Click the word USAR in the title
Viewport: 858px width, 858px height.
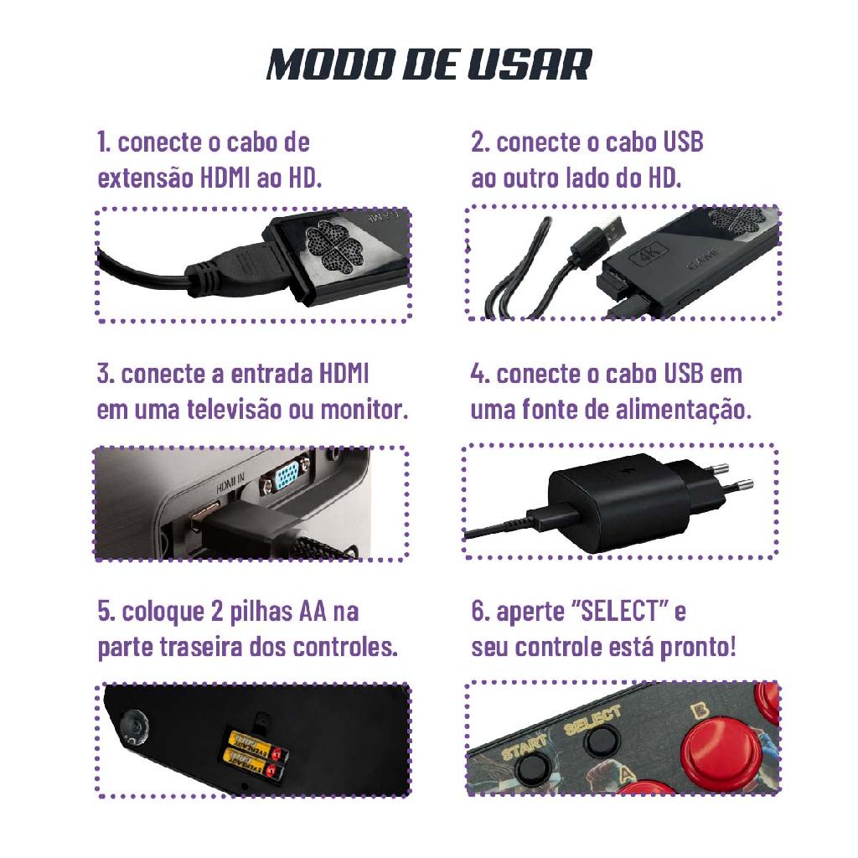tap(530, 65)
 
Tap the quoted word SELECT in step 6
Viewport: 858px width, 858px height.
tap(620, 611)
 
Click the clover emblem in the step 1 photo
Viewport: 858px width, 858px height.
tap(334, 246)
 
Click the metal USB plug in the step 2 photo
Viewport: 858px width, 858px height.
tap(608, 230)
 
